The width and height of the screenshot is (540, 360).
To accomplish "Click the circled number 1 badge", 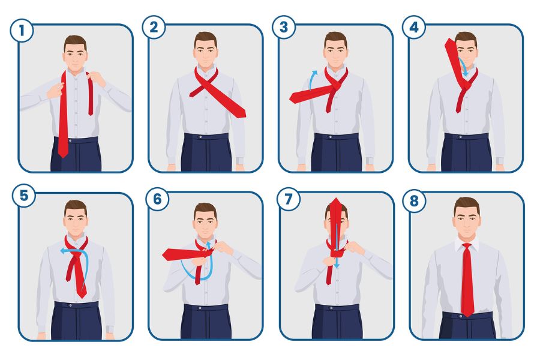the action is coord(22,31).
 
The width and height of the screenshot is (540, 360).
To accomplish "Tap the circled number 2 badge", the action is coord(154,27).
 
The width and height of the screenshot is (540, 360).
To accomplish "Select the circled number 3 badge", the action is coord(284,27).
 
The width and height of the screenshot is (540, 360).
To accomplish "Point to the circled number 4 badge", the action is coord(414,27).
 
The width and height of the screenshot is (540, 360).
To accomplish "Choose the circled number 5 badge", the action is coord(24,196).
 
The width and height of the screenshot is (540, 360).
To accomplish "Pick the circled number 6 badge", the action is coord(157,199).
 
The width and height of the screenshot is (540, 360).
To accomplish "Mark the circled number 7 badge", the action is coord(289,199).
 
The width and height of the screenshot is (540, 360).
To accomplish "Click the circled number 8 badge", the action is coord(414,200).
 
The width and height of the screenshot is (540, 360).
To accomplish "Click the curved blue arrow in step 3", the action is coord(311,79).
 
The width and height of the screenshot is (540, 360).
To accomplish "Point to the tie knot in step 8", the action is coord(466,247).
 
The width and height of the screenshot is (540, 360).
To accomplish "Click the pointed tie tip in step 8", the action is coord(467,315).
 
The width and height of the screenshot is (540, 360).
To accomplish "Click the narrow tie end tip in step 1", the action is coord(91,113).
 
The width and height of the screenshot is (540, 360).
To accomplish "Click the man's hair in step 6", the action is coord(205,209).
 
